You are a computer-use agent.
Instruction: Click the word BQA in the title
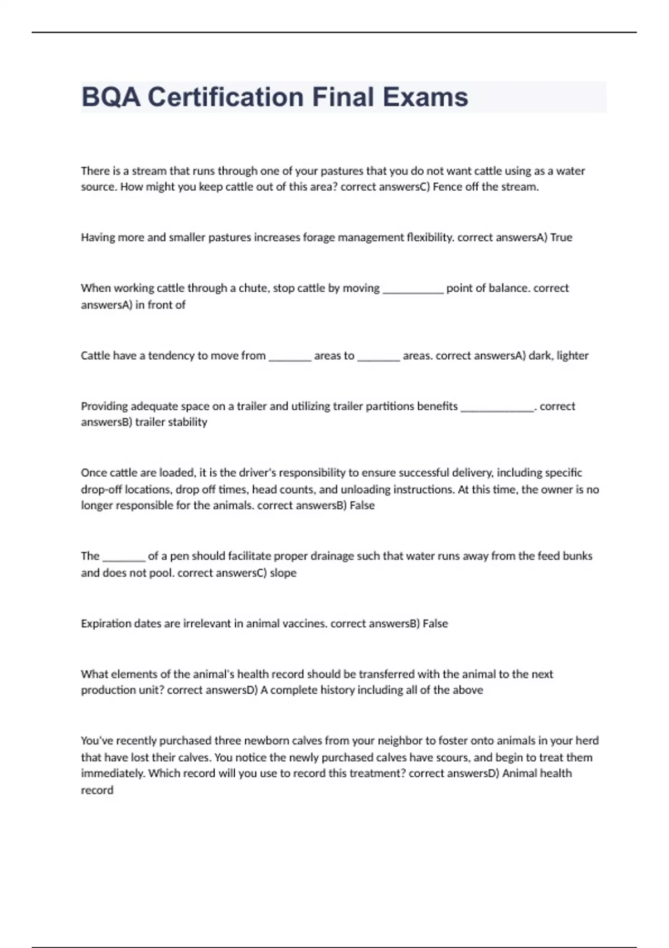pyautogui.click(x=110, y=97)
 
